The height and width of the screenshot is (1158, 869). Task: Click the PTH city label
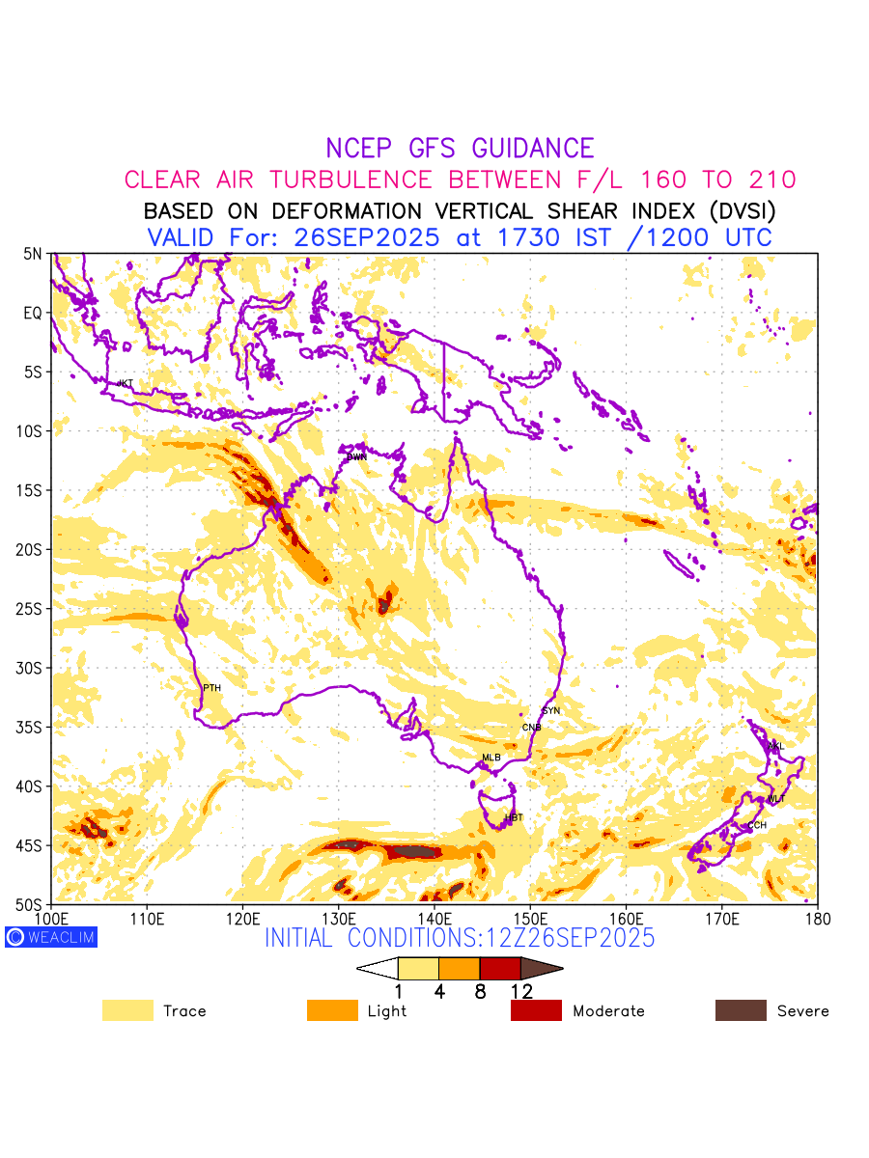point(211,688)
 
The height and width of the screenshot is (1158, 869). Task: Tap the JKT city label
point(125,384)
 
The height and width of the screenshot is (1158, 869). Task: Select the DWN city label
point(357,456)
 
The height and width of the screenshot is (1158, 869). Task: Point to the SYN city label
point(551,711)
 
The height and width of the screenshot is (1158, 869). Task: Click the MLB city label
point(491,758)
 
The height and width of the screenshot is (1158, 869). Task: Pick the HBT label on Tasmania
point(514,818)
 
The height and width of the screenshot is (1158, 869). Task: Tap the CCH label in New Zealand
point(757,825)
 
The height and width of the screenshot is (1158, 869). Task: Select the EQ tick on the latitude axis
point(34,313)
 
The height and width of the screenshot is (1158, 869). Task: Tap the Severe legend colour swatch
point(741,1010)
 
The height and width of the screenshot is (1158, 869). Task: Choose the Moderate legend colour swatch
point(536,1010)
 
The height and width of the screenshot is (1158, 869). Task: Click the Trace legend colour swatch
point(127,1010)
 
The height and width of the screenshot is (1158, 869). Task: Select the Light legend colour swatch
point(332,1010)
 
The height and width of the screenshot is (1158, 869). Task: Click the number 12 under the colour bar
point(521,992)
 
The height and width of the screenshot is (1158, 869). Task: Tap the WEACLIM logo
point(51,936)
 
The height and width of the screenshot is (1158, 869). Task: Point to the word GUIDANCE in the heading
point(532,149)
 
